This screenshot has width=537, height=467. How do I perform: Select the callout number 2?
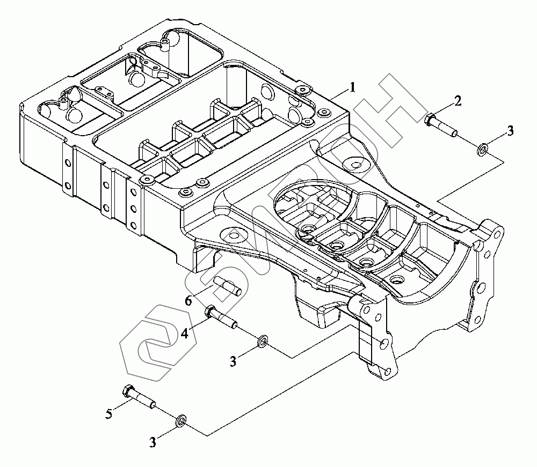(458, 101)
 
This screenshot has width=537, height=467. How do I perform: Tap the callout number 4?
(185, 333)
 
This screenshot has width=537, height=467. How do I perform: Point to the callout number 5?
(109, 414)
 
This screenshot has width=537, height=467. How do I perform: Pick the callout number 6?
(188, 301)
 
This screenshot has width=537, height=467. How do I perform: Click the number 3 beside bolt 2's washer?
(510, 131)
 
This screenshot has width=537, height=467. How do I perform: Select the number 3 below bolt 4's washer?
(233, 361)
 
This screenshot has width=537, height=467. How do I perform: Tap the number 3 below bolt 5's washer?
(153, 442)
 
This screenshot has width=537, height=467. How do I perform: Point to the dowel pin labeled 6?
(228, 286)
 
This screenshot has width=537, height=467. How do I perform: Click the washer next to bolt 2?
(483, 150)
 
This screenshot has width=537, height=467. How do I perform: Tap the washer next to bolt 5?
(180, 421)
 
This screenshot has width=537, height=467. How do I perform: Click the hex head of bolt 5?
(127, 391)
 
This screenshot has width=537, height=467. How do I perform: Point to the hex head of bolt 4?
(210, 311)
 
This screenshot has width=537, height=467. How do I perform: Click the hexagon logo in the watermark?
(158, 343)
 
